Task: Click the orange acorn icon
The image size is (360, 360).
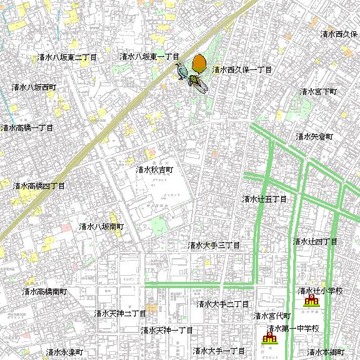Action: (199, 64)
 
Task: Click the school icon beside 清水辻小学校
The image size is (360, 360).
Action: (311, 301)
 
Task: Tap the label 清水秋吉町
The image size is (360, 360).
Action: (154, 169)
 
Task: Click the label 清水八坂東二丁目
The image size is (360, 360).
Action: (67, 57)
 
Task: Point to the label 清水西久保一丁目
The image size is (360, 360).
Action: (242, 70)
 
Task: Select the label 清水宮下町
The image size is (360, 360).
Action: (318, 92)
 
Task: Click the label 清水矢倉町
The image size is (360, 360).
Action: (314, 136)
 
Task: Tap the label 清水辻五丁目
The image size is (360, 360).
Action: (264, 199)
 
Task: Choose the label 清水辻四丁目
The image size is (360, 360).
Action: (315, 241)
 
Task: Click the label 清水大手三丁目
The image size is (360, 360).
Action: (214, 246)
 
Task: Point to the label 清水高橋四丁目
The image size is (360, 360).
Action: (39, 186)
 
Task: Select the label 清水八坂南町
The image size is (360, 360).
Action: (102, 226)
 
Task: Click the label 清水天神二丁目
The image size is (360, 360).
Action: (120, 313)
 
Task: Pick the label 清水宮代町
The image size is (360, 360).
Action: (272, 316)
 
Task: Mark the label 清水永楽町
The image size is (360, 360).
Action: (64, 352)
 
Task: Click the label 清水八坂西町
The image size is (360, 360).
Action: (34, 87)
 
